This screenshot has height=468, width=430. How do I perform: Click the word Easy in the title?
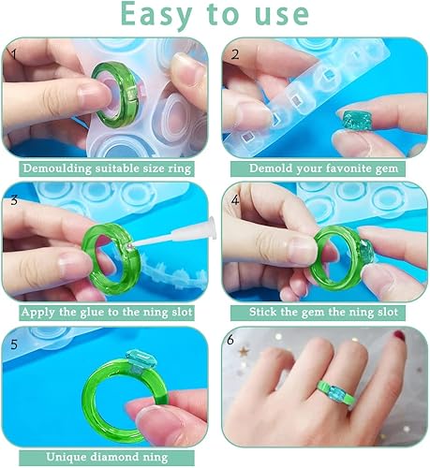coord(156,15)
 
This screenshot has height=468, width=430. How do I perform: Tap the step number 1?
coord(13,54)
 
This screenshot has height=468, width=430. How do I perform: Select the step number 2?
coord(235,54)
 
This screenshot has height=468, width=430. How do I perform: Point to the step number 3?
coord(14,200)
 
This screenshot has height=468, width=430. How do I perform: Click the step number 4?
coord(235,200)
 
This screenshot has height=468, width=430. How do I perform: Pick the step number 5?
coord(14,344)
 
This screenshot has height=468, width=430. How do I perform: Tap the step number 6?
coord(230,340)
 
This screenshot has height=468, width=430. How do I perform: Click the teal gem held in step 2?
coord(353,121)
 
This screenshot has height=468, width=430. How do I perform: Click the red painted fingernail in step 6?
coord(400,335)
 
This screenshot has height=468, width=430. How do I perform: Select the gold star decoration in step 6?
coord(245,351)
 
